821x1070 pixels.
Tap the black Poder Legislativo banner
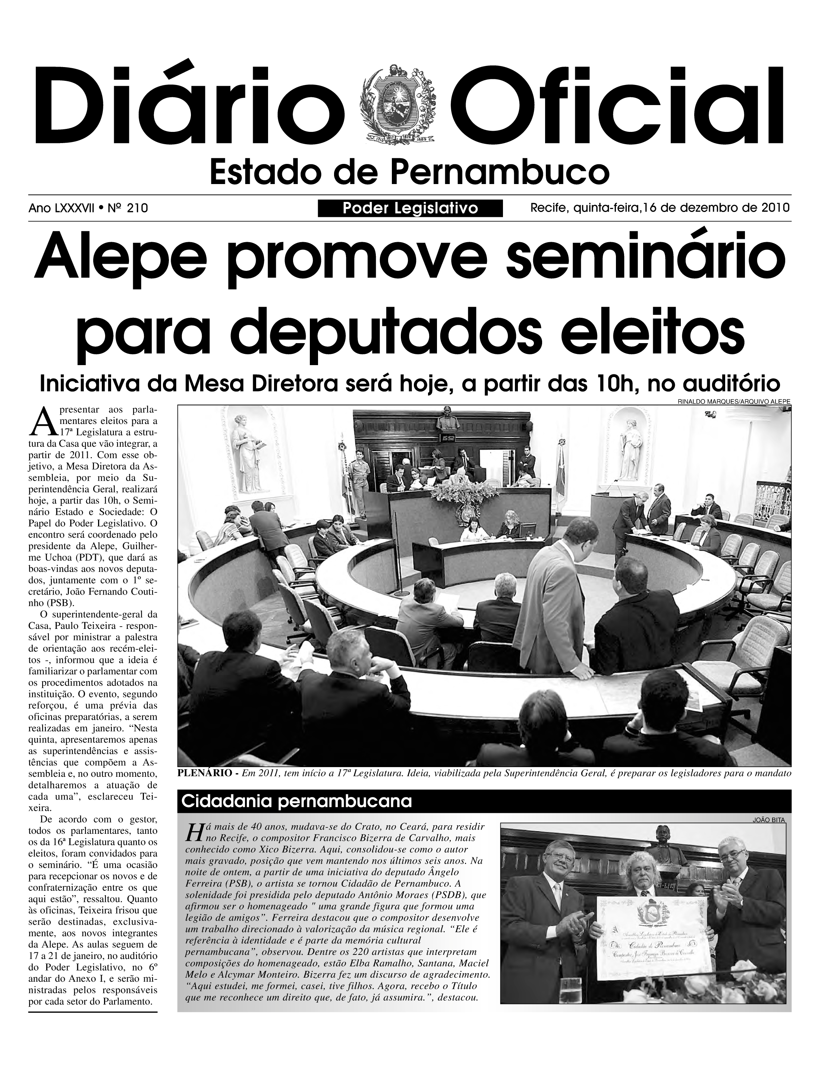coord(410,209)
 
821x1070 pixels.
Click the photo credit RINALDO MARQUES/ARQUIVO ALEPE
coord(733,401)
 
